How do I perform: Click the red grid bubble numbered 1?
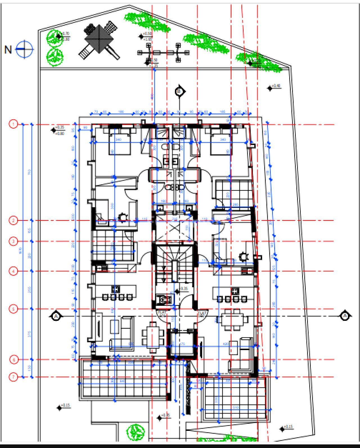pos(13,124)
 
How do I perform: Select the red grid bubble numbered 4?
pos(13,271)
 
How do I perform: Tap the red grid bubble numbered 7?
pos(13,377)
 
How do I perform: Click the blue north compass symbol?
pos(24,49)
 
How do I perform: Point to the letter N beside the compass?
pos(8,50)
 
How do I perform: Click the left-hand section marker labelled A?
pos(56,316)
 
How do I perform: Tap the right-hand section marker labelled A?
pos(345,316)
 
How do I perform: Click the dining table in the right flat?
pos(234,319)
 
